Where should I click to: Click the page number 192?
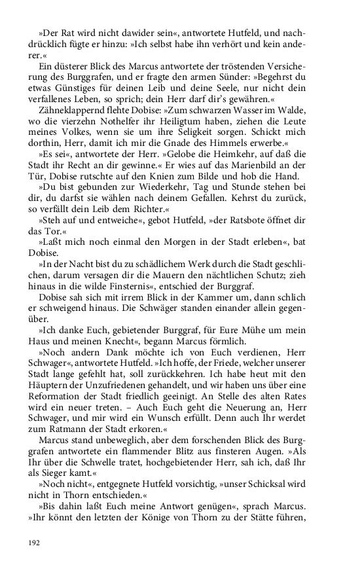pyautogui.click(x=35, y=542)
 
